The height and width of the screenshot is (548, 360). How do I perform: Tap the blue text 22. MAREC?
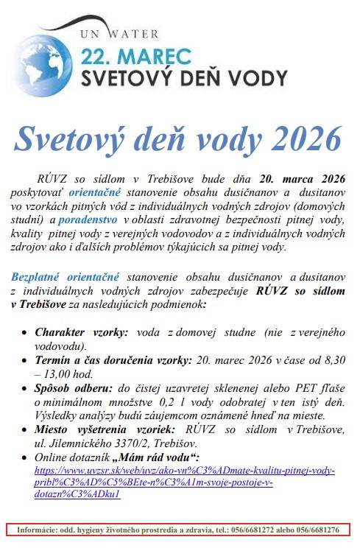(135, 56)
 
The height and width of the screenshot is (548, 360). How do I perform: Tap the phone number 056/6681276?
(320, 530)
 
